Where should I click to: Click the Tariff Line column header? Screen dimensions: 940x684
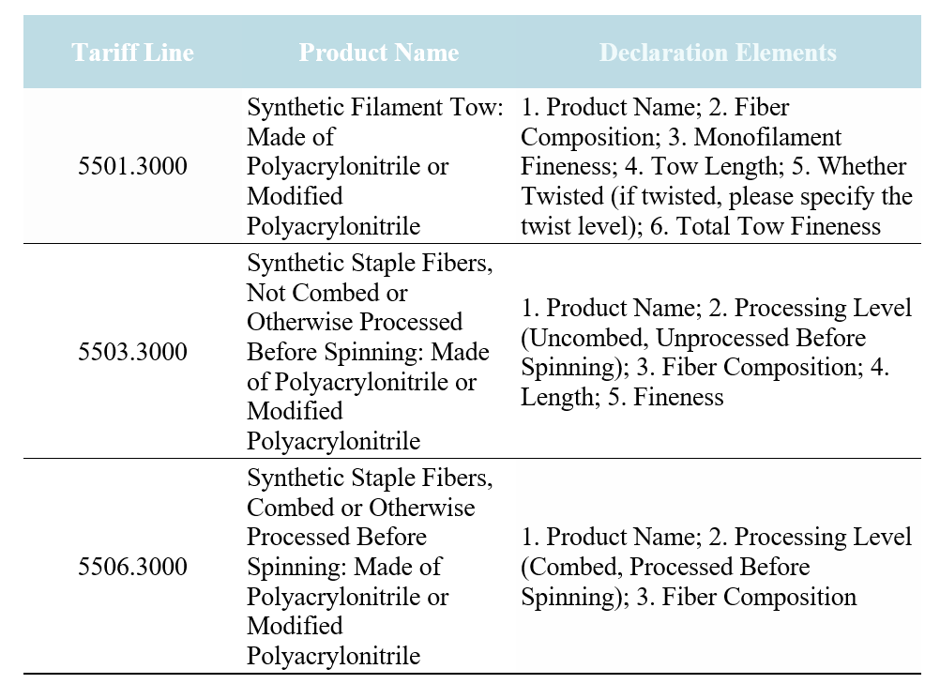(x=132, y=53)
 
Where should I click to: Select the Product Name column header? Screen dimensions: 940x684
(x=379, y=53)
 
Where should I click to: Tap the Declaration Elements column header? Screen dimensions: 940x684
(x=718, y=53)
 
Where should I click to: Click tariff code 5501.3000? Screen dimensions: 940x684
(x=132, y=166)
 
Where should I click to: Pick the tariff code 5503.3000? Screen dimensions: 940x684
(x=132, y=351)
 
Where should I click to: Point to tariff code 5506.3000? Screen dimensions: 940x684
(x=132, y=567)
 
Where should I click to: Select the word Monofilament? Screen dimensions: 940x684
(x=767, y=137)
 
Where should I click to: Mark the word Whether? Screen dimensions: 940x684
(x=862, y=167)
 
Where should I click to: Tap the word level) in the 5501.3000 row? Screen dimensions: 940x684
(x=605, y=227)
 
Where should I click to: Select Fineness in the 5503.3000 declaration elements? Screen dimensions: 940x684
(x=678, y=397)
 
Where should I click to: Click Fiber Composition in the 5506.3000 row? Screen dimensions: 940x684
(x=759, y=597)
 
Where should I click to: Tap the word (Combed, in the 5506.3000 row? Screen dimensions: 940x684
(x=572, y=567)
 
